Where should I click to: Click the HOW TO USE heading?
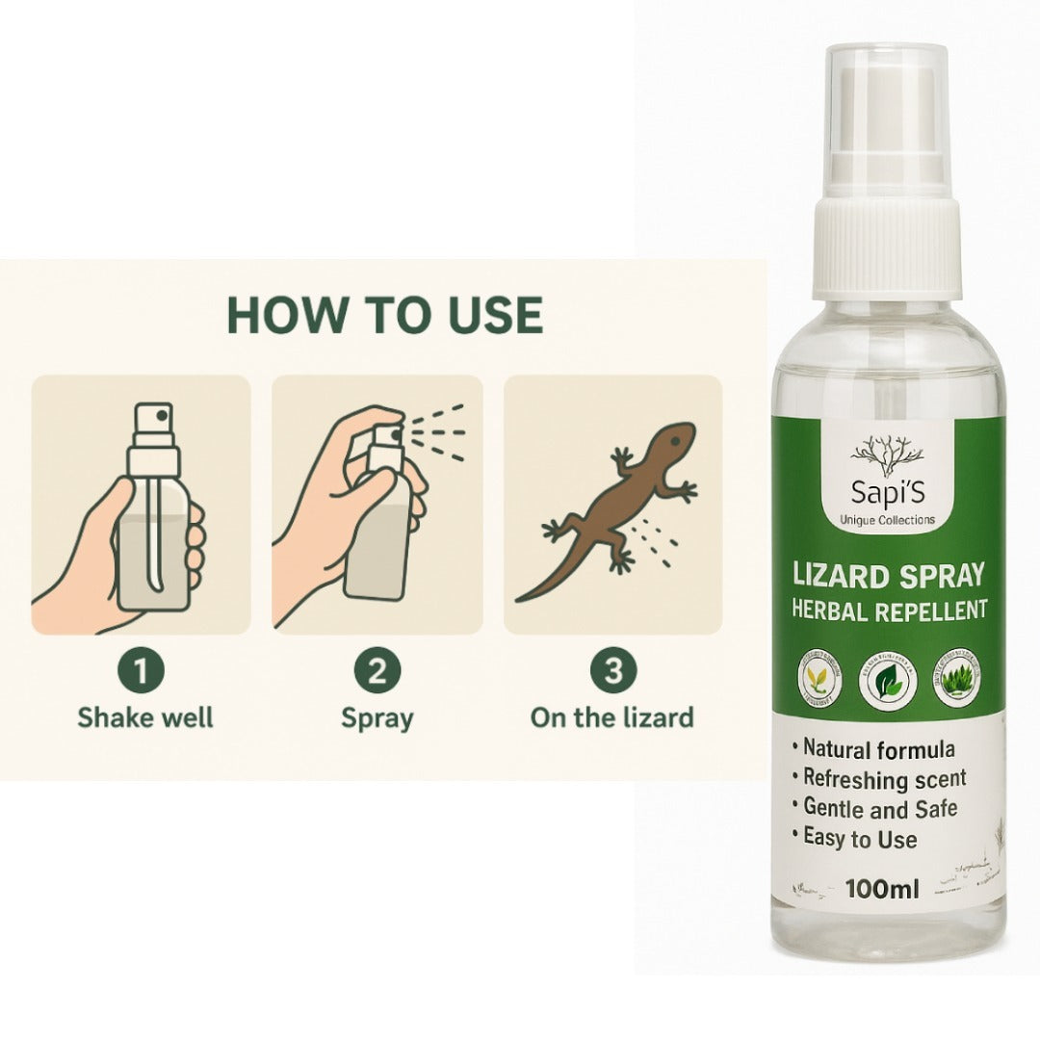pyautogui.click(x=384, y=315)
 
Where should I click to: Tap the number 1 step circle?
pyautogui.click(x=142, y=672)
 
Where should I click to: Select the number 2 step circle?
pyautogui.click(x=377, y=672)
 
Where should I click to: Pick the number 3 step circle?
pyautogui.click(x=612, y=672)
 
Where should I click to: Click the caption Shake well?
pyautogui.click(x=145, y=717)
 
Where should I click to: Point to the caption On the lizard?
pyautogui.click(x=611, y=717)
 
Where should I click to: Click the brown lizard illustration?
pyautogui.click(x=616, y=506)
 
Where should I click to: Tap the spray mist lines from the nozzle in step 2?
pyautogui.click(x=445, y=429)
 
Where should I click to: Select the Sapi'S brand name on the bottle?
pyautogui.click(x=887, y=490)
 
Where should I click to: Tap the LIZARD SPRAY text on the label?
pyautogui.click(x=887, y=575)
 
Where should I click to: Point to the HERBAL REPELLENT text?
pyautogui.click(x=887, y=610)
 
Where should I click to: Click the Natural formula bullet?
pyautogui.click(x=878, y=748)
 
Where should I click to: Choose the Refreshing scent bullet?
pyautogui.click(x=884, y=778)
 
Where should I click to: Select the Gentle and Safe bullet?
pyautogui.click(x=879, y=809)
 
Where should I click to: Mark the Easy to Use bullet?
pyautogui.click(x=859, y=839)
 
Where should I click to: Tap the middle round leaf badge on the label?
pyautogui.click(x=887, y=679)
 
